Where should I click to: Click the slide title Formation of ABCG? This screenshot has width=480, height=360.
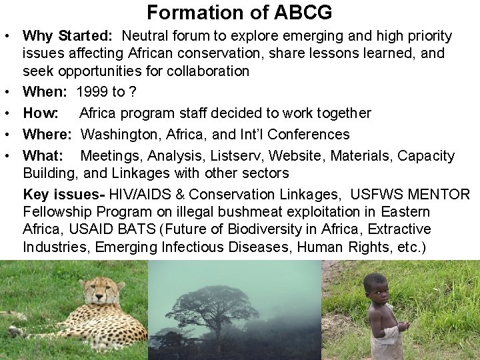[x=239, y=12]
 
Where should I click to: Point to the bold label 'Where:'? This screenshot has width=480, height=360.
[x=49, y=135]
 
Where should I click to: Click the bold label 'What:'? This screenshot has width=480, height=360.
[x=43, y=156]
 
